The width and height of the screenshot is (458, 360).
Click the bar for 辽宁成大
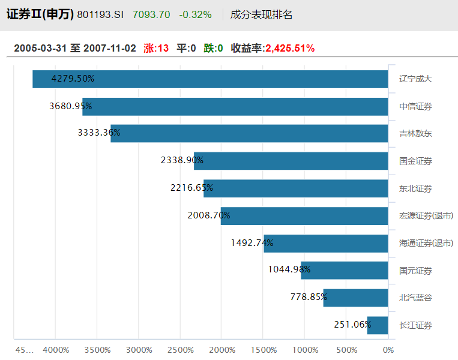tap(210, 79)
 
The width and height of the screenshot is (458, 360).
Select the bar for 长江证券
tap(378, 325)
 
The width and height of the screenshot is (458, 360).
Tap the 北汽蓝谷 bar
tap(355, 298)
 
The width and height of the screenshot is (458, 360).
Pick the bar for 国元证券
tap(345, 270)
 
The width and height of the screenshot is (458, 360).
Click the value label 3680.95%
tap(70, 106)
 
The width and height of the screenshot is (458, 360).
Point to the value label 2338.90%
tap(182, 160)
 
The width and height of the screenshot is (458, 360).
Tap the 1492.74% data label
tap(252, 243)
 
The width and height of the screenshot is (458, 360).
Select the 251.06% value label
tap(352, 325)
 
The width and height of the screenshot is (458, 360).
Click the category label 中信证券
tap(415, 106)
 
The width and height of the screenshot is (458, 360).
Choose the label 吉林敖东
tap(415, 133)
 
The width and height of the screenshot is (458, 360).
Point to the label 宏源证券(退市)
tap(426, 215)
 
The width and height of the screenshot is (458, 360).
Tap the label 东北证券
tap(415, 188)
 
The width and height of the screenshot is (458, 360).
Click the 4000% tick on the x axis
tap(56, 350)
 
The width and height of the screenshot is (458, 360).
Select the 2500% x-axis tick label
tap(180, 350)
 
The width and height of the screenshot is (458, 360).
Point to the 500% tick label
tap(346, 350)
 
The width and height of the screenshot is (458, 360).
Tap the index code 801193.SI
tap(100, 14)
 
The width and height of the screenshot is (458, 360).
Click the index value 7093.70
tap(151, 14)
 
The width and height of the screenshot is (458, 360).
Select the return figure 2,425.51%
tap(290, 48)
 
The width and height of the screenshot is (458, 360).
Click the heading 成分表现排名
tap(262, 14)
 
